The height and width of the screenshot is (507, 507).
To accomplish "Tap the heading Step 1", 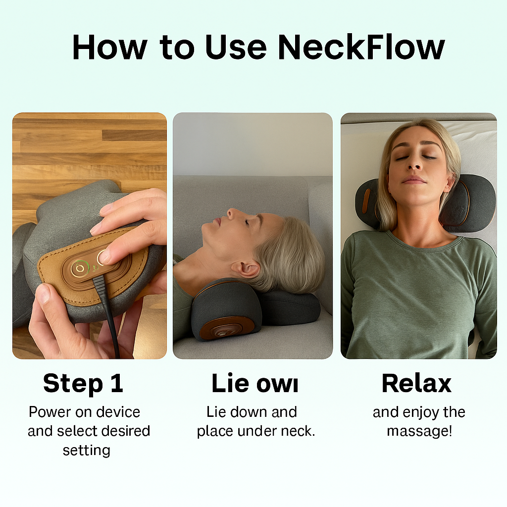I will (83, 384).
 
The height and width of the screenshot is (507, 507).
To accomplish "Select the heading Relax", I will (416, 384).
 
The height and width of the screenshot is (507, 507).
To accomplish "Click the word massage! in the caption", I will (419, 431).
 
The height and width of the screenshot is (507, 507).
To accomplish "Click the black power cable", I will (109, 317).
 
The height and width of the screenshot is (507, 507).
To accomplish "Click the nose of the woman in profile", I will (231, 214).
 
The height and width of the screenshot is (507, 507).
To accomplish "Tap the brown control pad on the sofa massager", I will (227, 329).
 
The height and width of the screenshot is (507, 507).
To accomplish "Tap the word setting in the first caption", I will (86, 450).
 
